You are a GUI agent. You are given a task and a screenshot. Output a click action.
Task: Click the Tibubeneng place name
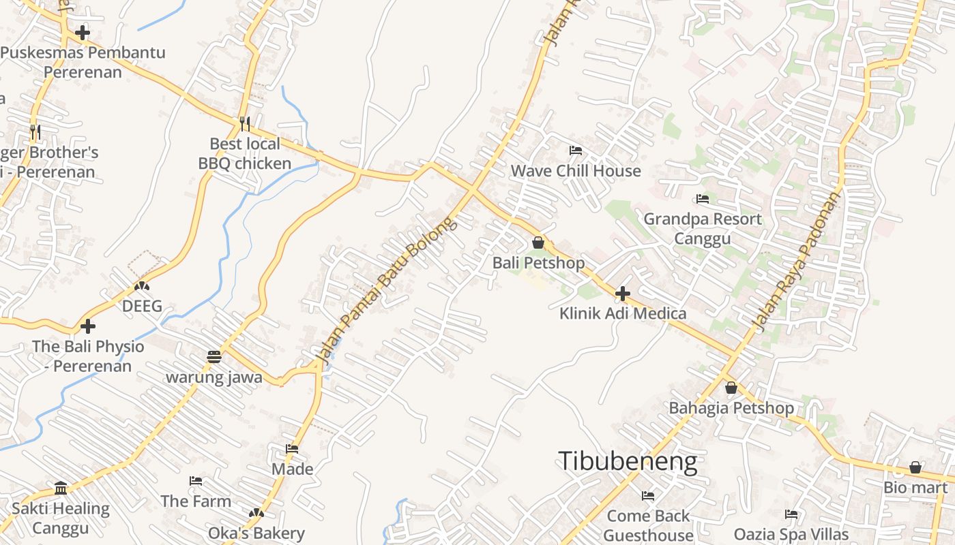628,461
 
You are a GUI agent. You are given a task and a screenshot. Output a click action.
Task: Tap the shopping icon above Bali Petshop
538,243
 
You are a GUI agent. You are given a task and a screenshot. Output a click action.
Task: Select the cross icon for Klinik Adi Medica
622,294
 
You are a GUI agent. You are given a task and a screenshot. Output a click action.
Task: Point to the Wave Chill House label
576,170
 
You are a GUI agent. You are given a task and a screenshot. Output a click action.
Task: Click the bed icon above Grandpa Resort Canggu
702,199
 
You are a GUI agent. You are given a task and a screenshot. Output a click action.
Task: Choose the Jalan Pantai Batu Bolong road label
387,290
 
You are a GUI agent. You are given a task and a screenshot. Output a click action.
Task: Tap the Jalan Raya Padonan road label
797,261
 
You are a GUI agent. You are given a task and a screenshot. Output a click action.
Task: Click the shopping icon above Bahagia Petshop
731,388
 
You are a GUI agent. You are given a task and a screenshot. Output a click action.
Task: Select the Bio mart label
915,487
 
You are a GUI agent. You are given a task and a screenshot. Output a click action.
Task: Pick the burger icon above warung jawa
214,357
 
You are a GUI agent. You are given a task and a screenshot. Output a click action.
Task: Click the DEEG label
142,306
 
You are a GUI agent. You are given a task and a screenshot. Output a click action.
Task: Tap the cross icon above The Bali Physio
88,326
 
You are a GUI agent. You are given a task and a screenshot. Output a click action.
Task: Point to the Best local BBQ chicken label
245,153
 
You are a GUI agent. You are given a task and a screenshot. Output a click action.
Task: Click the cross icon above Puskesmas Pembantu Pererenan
83,32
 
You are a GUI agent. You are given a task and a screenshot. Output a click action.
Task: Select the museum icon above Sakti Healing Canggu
61,488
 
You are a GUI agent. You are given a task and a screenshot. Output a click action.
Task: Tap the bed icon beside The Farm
196,481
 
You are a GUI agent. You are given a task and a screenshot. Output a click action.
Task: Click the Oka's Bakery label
256,533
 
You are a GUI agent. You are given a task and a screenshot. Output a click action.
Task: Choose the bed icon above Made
292,449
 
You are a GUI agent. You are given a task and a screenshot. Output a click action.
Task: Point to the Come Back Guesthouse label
648,525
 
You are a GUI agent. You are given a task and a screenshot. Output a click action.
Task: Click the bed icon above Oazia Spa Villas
791,514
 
